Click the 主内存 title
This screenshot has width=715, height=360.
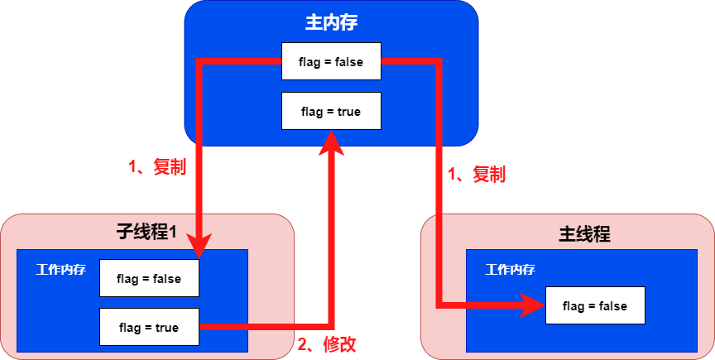click(331, 22)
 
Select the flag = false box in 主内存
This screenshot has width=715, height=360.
click(331, 61)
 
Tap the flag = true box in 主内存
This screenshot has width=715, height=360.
click(331, 111)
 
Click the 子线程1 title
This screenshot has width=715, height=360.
click(146, 232)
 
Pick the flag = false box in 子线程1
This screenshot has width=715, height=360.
click(149, 278)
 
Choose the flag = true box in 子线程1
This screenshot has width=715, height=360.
click(149, 327)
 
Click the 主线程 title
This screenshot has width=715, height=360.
click(585, 233)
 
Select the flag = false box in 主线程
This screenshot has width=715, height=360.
click(594, 306)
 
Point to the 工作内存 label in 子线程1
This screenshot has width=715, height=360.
click(60, 270)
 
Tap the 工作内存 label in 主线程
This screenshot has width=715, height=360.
click(510, 270)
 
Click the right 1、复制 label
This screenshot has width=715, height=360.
click(476, 175)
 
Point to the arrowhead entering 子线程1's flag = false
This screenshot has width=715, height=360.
click(199, 246)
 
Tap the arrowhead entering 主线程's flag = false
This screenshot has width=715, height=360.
click(531, 306)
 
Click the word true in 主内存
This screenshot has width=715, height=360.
click(348, 111)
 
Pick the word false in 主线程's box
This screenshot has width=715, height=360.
click(611, 306)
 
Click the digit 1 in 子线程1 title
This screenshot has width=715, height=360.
click(174, 233)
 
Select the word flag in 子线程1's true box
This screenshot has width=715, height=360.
click(132, 327)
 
